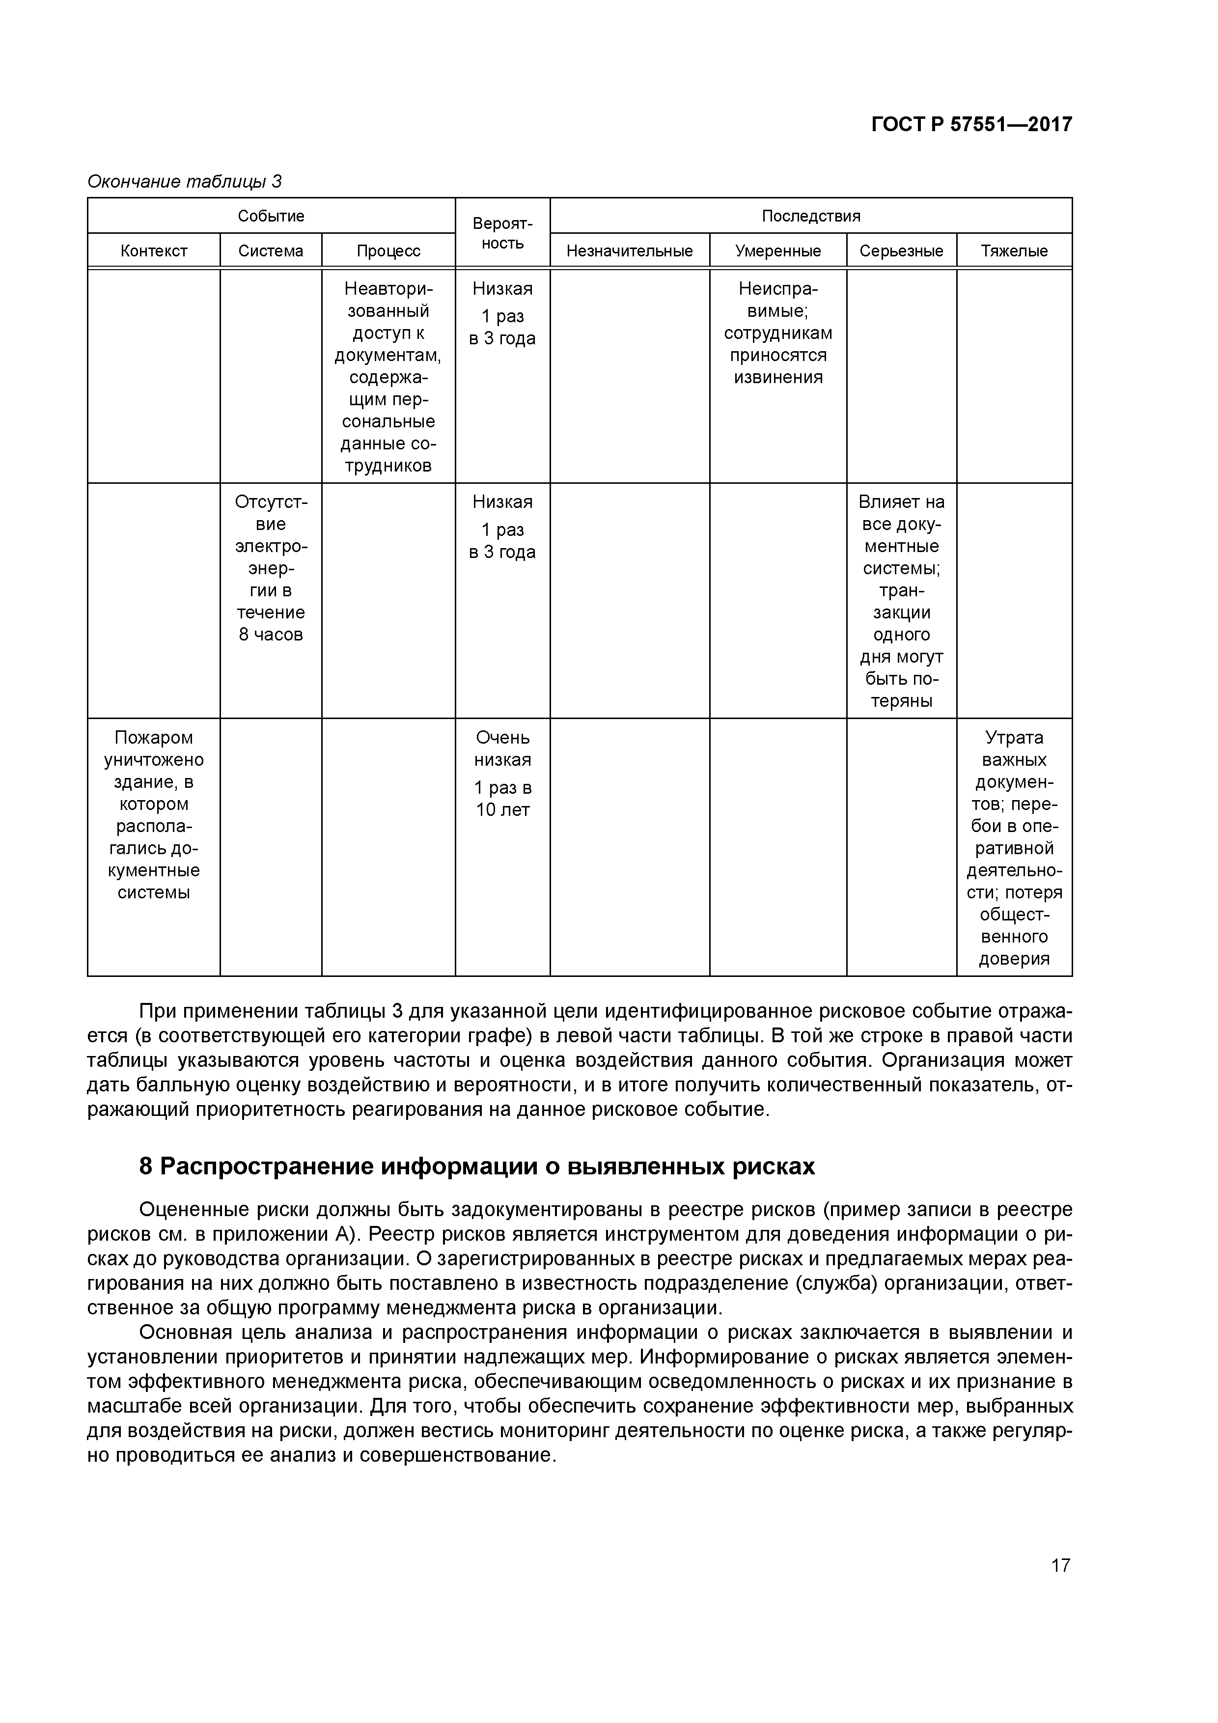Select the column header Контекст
point(153,250)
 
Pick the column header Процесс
point(388,250)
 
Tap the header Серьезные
point(901,250)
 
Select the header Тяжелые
point(1014,250)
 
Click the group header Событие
point(271,216)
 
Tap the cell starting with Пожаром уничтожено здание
point(153,815)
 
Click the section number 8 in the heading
point(146,1166)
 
